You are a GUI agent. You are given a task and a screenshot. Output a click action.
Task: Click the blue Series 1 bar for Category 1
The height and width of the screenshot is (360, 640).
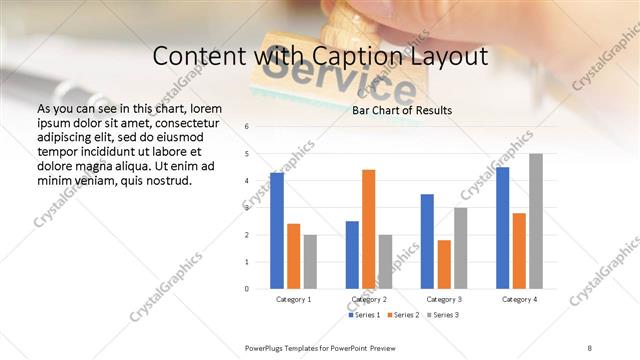(277, 231)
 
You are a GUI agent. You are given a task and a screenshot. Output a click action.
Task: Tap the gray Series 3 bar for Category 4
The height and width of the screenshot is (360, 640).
(536, 221)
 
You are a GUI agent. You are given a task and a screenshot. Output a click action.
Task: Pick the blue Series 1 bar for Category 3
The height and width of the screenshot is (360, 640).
(427, 241)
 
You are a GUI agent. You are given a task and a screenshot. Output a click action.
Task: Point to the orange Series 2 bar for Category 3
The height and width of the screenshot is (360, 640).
(444, 264)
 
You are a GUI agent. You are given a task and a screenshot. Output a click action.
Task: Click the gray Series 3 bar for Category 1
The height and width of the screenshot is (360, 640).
(310, 261)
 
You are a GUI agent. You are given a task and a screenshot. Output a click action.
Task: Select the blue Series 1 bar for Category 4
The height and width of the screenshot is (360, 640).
(502, 228)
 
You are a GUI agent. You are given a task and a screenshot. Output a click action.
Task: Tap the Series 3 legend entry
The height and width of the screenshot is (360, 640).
(443, 315)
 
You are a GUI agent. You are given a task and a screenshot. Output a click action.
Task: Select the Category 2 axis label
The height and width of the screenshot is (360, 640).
(368, 299)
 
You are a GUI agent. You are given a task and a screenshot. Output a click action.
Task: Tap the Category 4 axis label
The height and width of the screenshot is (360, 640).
(518, 299)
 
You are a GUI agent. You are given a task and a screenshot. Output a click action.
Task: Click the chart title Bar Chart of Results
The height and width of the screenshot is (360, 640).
(402, 110)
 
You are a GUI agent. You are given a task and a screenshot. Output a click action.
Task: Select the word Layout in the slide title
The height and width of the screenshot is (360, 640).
(445, 57)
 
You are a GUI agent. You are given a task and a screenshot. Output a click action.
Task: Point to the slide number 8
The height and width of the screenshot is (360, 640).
(590, 347)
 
